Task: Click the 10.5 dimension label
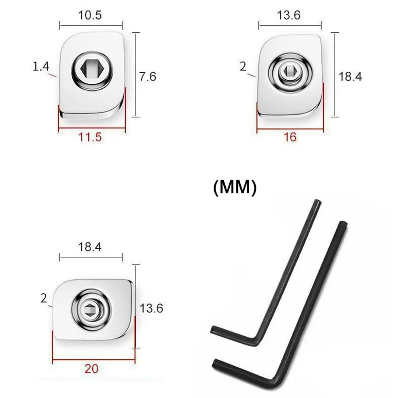pyautogui.click(x=91, y=16)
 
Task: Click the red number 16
pyautogui.click(x=290, y=137)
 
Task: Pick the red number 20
pyautogui.click(x=92, y=369)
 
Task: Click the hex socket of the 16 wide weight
pyautogui.click(x=290, y=71)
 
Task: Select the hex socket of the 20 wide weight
pyautogui.click(x=91, y=309)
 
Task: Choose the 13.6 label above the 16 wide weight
pyautogui.click(x=290, y=16)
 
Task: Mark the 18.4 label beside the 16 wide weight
pyautogui.click(x=350, y=76)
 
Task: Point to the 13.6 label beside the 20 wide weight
pyautogui.click(x=151, y=308)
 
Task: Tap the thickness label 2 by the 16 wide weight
pyautogui.click(x=243, y=66)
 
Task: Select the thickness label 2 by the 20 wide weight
pyautogui.click(x=43, y=298)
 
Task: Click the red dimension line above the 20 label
pyautogui.click(x=94, y=361)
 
